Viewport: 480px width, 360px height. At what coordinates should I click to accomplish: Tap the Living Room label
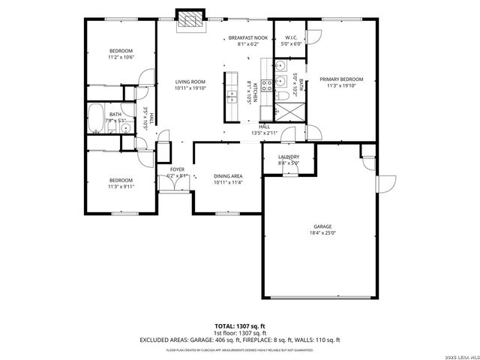click(x=190, y=82)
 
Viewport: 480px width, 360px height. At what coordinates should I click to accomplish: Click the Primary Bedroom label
click(x=341, y=79)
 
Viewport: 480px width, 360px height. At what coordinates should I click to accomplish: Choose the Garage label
click(x=323, y=226)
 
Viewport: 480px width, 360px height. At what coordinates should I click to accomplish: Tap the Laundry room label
click(x=288, y=157)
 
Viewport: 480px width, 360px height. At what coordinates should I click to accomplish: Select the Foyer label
click(x=177, y=169)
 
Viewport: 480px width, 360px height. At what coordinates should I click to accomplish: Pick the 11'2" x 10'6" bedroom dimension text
click(x=120, y=57)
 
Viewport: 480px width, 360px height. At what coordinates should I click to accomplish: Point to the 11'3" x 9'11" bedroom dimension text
click(x=121, y=187)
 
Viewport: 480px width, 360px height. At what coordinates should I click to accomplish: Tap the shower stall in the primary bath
click(x=287, y=112)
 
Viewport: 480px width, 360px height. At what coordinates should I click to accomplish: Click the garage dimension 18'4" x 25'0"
click(x=323, y=233)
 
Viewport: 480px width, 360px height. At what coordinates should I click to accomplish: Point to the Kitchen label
click(x=254, y=91)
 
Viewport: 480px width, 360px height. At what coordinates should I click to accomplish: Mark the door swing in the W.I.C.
click(x=312, y=37)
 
